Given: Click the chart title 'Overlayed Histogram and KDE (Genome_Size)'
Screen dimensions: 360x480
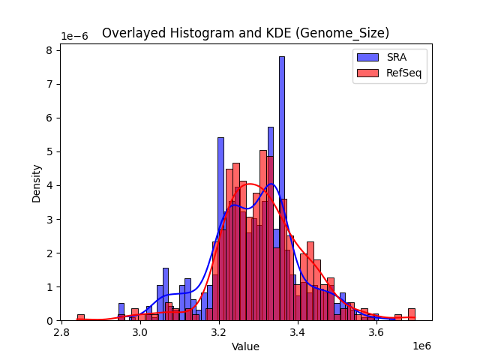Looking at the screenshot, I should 245,33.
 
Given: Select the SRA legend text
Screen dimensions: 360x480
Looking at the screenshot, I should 397,56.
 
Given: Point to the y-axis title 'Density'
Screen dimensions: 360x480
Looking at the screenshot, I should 36,183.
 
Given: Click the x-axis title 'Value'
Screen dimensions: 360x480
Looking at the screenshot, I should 245,347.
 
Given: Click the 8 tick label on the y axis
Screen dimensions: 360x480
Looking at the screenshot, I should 49,50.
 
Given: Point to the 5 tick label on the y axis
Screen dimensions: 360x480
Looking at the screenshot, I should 49,151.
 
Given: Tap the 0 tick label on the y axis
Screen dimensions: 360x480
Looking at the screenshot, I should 49,321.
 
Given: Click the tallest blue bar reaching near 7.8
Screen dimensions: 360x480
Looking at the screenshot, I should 282,187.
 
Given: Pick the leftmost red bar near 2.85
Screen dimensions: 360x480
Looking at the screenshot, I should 80,318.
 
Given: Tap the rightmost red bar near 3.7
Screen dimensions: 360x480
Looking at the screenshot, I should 412,315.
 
